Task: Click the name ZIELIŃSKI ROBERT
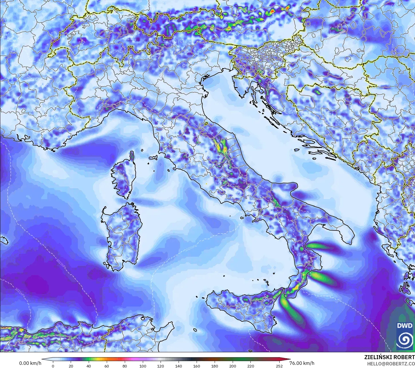tap(389, 357)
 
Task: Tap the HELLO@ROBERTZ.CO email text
tap(391, 363)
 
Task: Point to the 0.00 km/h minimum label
tap(30, 363)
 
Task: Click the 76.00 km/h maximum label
tap(302, 363)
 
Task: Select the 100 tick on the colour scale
tap(143, 366)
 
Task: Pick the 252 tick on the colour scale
tap(279, 366)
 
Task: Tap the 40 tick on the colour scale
tap(89, 366)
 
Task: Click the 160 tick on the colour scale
tap(197, 366)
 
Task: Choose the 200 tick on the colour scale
tap(232, 366)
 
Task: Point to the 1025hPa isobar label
tap(189, 246)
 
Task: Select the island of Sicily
tap(243, 309)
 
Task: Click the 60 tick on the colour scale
tap(107, 366)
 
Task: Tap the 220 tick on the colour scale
tap(250, 366)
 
